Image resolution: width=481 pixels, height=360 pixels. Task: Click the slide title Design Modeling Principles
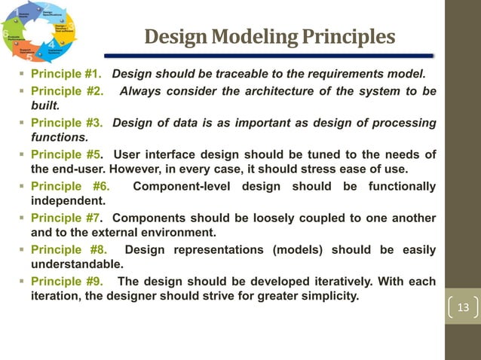point(269,37)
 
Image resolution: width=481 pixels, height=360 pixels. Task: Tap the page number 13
point(463,307)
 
